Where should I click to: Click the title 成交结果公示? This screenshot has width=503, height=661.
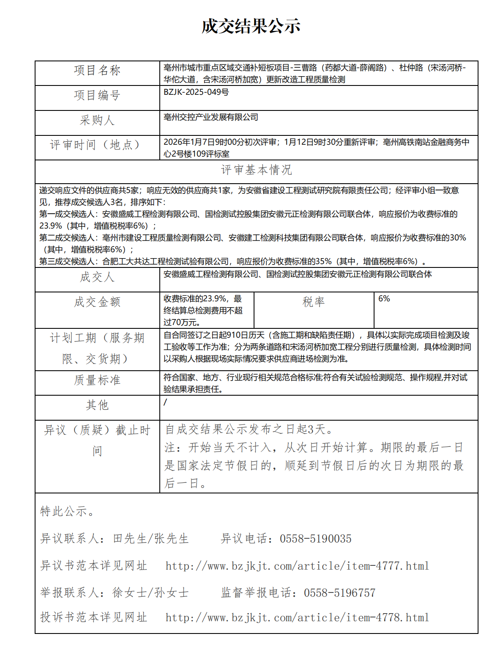click(x=251, y=26)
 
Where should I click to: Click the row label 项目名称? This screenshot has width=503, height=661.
click(x=97, y=70)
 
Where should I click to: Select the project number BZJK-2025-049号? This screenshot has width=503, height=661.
click(x=196, y=92)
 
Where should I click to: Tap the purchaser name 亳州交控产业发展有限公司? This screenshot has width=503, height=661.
click(x=211, y=117)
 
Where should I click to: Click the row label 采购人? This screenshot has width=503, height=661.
click(x=97, y=121)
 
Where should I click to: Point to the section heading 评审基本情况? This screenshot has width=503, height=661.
click(x=256, y=170)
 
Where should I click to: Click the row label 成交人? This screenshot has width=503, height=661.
click(x=97, y=277)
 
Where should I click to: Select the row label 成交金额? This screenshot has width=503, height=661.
click(x=97, y=302)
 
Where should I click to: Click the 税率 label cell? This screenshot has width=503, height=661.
click(x=314, y=302)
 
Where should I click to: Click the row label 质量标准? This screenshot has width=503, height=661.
click(x=97, y=380)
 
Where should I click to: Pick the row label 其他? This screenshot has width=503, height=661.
click(x=97, y=405)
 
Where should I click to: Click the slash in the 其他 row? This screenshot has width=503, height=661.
click(x=165, y=402)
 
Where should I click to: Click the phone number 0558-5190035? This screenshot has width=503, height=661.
click(x=315, y=539)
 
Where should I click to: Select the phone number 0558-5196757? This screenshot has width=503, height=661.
click(x=339, y=593)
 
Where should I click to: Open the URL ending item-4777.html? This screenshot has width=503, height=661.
click(x=297, y=566)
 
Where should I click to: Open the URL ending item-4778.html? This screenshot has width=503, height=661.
click(x=297, y=618)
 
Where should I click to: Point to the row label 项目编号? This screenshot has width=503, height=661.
click(x=97, y=96)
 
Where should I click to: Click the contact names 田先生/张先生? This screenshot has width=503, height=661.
click(x=150, y=539)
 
